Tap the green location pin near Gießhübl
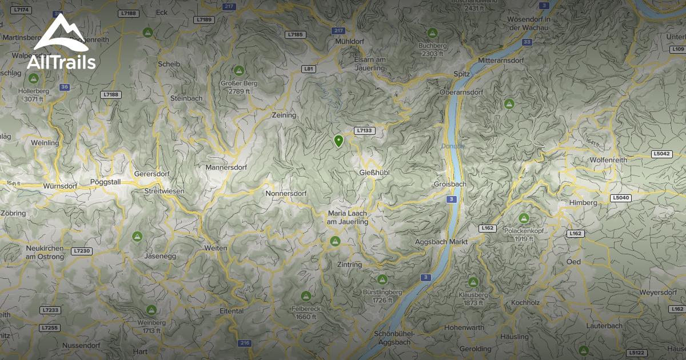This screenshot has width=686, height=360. (x=338, y=141)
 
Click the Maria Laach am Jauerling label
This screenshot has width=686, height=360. (x=348, y=218)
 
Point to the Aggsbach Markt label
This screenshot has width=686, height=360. (x=442, y=242)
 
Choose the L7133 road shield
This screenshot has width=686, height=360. (x=364, y=131)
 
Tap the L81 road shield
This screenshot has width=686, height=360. (x=309, y=69)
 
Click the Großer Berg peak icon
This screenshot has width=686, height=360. (x=239, y=71)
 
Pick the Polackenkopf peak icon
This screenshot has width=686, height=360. (x=524, y=218)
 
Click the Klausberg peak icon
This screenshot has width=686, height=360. (x=473, y=282)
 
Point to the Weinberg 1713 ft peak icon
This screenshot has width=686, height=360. (x=151, y=310)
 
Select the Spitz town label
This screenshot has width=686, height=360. (x=461, y=74)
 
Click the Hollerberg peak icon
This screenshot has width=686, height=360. (x=34, y=78)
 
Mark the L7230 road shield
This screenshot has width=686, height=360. (x=82, y=251)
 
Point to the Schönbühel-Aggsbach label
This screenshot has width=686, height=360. (x=392, y=338)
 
